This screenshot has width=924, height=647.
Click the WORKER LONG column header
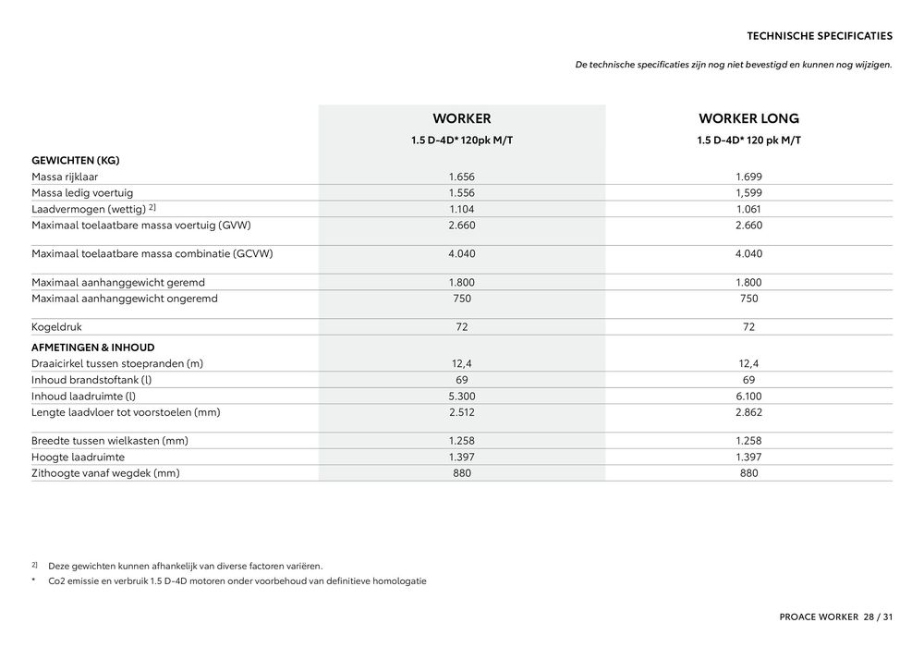(748, 118)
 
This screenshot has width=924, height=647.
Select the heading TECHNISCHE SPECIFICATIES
(819, 36)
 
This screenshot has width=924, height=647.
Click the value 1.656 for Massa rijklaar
(461, 176)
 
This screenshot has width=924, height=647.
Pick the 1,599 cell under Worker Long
(748, 192)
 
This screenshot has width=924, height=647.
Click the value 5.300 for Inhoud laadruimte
(461, 396)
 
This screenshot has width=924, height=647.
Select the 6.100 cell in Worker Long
(748, 396)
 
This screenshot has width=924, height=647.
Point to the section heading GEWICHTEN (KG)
(76, 160)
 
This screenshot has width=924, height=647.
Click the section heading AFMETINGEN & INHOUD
(93, 348)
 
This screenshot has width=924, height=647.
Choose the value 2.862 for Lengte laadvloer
(748, 412)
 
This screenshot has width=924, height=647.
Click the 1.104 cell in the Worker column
(461, 209)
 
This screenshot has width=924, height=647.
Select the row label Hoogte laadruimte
(78, 457)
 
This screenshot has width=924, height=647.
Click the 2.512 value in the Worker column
(461, 412)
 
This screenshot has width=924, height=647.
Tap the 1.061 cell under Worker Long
(748, 209)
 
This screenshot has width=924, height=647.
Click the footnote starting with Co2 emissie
(237, 581)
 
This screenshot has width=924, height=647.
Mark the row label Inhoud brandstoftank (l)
(91, 380)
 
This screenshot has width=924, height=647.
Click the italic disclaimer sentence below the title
(733, 65)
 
